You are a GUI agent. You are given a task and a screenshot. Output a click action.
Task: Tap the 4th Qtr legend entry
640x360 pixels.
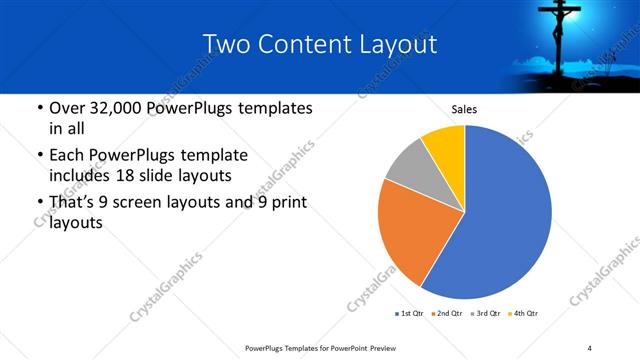pos(525,315)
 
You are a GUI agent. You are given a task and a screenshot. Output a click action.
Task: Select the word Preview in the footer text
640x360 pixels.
pos(381,347)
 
